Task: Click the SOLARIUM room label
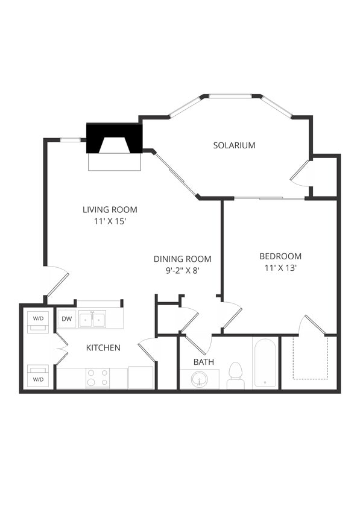pos(234,145)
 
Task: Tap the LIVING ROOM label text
pos(110,210)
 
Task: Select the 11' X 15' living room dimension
pos(110,221)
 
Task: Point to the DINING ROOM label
pos(182,259)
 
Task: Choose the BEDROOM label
pos(280,256)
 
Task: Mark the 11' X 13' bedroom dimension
pos(280,268)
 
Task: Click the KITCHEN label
pos(103,348)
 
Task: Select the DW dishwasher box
pos(66,318)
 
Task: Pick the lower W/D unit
pos(38,375)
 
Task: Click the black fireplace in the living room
pos(114,139)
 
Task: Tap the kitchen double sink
pos(92,319)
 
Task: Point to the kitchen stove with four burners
pos(98,378)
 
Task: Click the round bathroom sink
pos(200,380)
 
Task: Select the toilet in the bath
pos(235,376)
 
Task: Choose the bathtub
pos(265,363)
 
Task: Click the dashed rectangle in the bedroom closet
pos(310,357)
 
